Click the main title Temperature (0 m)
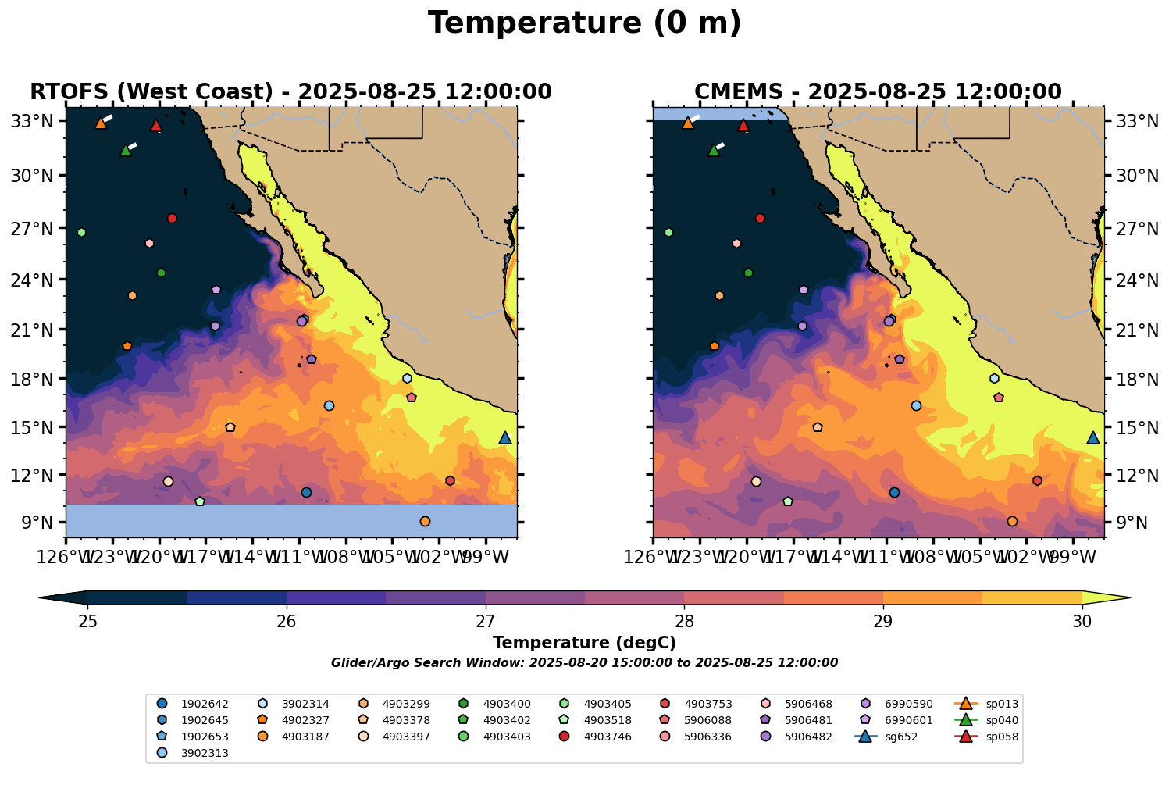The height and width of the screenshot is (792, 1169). [x=584, y=23]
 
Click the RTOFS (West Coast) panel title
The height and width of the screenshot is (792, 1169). [x=290, y=92]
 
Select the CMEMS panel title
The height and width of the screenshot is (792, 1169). [x=878, y=92]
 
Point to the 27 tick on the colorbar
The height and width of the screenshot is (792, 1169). [x=486, y=621]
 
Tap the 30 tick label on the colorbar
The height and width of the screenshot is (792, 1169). [x=1082, y=622]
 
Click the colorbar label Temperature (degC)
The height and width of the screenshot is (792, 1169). [x=584, y=643]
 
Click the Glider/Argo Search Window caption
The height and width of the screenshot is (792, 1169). [x=584, y=663]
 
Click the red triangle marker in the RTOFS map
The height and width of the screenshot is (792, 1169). [x=156, y=126]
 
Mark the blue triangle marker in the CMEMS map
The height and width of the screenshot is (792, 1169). [x=1092, y=438]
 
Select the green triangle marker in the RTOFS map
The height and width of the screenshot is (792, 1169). [x=125, y=151]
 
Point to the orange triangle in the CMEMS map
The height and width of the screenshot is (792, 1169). [x=687, y=123]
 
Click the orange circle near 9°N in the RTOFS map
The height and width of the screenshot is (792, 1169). [x=425, y=521]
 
